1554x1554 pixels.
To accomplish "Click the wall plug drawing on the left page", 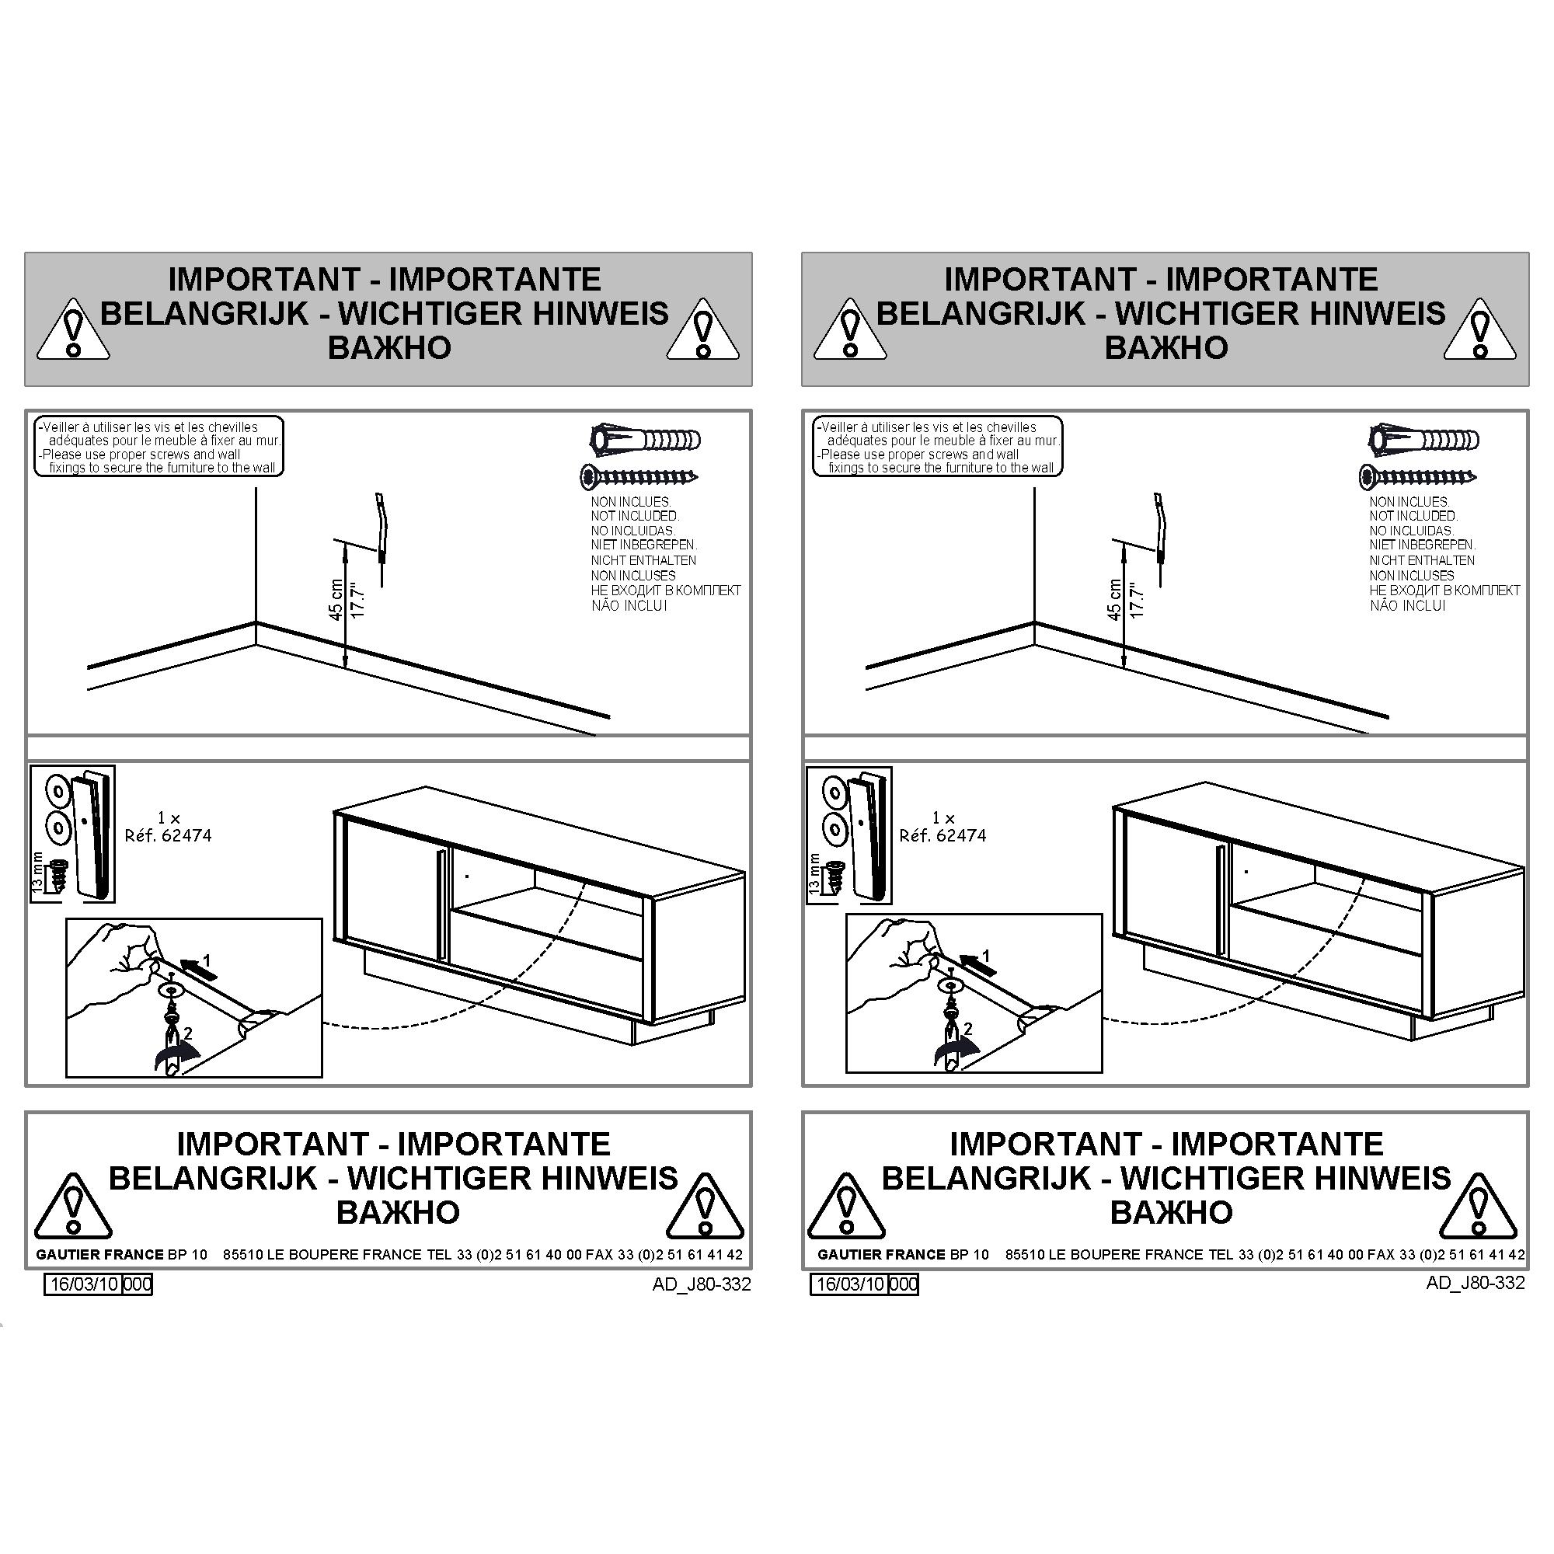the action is pos(645,440).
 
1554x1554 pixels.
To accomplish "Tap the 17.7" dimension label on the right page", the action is pos(1138,599).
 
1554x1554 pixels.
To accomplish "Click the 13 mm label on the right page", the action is pos(814,873).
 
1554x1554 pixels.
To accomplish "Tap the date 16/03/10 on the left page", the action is pos(85,1284).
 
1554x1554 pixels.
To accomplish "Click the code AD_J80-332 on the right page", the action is pos(1476,1282).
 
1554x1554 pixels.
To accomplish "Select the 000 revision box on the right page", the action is pos(904,1284).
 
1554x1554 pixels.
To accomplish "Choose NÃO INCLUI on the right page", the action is pos(1408,606).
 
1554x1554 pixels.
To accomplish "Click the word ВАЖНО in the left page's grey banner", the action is pos(389,347).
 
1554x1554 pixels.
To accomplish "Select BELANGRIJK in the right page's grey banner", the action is pos(981,313).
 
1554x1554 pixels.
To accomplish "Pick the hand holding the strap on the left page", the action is pos(113,974).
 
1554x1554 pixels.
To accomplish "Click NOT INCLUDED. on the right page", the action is pos(1413,516).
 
